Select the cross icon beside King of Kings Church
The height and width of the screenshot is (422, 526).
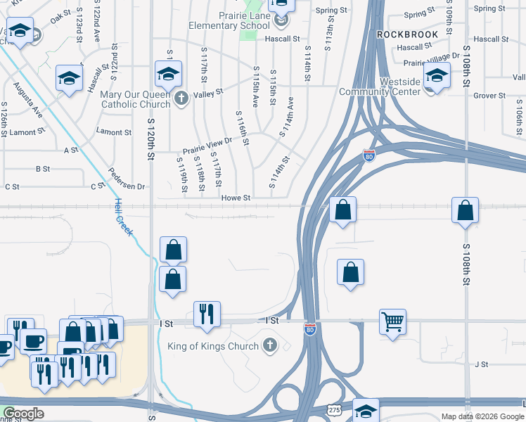[x=269, y=345]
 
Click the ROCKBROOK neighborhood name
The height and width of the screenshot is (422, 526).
[x=407, y=34]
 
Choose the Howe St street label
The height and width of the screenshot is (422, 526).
[x=236, y=198]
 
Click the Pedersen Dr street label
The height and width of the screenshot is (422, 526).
[x=127, y=180]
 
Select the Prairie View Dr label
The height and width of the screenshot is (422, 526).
[x=207, y=145]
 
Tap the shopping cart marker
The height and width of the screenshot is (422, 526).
[x=393, y=321]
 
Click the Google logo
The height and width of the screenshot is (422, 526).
[x=23, y=414]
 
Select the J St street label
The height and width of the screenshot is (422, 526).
[x=481, y=364]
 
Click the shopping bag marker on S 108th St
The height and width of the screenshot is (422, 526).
[x=465, y=210]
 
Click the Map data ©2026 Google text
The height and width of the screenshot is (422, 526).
[x=482, y=416]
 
